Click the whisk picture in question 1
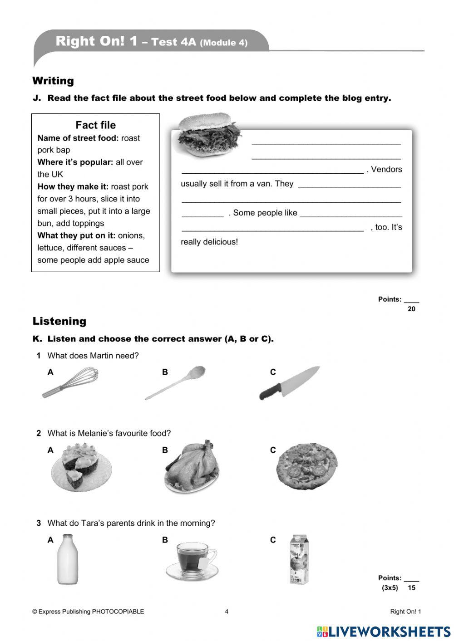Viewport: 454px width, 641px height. tap(70, 383)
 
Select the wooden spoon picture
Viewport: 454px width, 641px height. tap(175, 383)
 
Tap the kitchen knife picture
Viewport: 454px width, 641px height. tap(289, 383)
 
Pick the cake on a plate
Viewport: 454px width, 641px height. tap(81, 467)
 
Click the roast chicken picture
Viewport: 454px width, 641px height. tap(192, 467)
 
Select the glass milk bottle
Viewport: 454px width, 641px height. tap(67, 559)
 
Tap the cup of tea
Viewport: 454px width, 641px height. tap(192, 562)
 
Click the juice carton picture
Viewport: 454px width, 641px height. tap(299, 559)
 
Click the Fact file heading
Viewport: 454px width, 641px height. tap(95, 125)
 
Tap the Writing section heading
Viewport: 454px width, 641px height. tap(53, 81)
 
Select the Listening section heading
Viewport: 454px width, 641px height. tap(59, 321)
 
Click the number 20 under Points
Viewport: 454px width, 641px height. tap(411, 309)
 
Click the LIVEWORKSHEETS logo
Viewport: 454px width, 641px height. tap(384, 631)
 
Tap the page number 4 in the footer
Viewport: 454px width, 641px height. tap(227, 612)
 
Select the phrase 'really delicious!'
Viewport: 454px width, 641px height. tap(209, 242)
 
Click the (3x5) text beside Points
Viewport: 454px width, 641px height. tap(390, 587)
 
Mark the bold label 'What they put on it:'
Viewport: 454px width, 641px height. tap(76, 235)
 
